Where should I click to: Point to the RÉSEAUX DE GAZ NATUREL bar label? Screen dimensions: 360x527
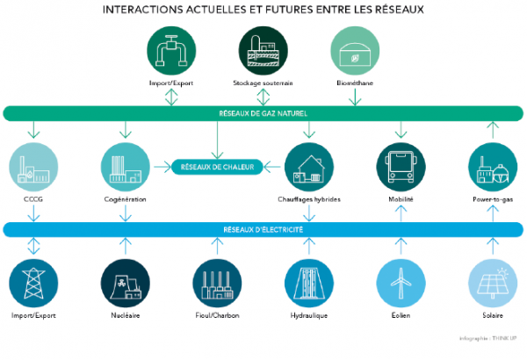[x=263, y=113]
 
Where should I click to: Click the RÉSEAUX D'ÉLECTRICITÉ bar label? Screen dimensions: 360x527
[x=263, y=229]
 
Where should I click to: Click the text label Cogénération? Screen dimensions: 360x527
[x=124, y=200]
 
